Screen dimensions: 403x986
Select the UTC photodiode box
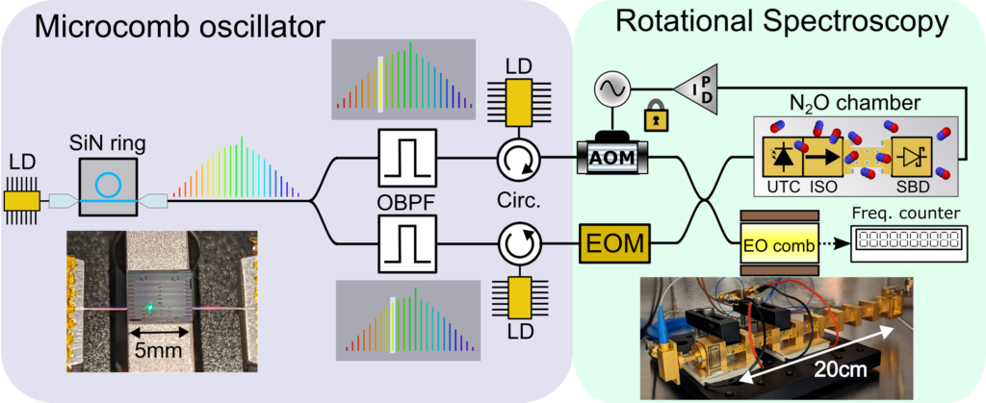click(x=780, y=155)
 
